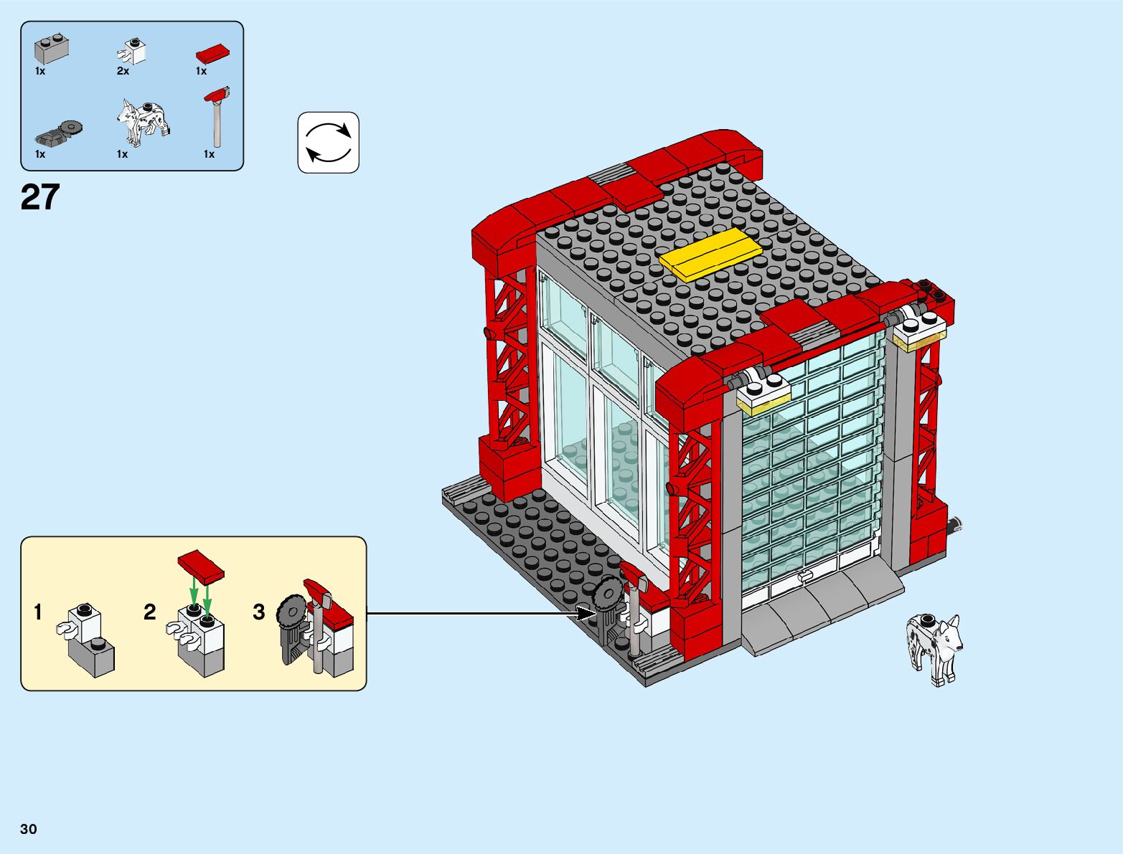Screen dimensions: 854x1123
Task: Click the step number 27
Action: point(40,197)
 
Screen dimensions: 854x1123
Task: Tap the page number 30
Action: point(29,829)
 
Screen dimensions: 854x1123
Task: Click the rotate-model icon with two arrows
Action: point(328,142)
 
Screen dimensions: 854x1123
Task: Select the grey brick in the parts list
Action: point(52,49)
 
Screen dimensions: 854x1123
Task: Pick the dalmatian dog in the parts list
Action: point(144,120)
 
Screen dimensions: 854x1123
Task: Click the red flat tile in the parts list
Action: point(212,54)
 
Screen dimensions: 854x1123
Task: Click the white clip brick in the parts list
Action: point(133,52)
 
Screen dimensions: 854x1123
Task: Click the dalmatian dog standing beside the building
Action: point(933,647)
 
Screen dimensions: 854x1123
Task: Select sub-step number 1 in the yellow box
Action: point(38,612)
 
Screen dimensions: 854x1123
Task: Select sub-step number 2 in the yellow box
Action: point(149,612)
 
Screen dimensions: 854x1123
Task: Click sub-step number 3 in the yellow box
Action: point(259,612)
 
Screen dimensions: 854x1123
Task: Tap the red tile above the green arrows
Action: point(202,565)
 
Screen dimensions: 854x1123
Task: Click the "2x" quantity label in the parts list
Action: point(123,71)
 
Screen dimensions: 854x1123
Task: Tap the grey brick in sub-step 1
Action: point(92,656)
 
